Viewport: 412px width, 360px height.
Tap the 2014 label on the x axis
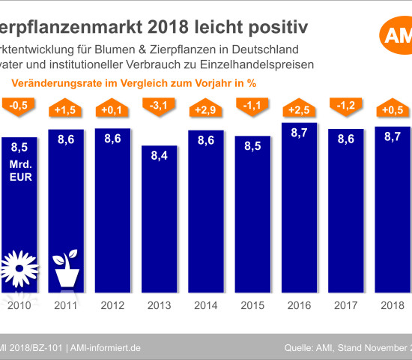click(x=206, y=306)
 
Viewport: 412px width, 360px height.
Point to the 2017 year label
click(x=348, y=306)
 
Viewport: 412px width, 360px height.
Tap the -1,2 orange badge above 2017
click(x=348, y=106)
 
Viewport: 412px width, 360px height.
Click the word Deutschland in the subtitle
click(x=260, y=49)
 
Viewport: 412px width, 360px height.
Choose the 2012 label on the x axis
click(x=112, y=306)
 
